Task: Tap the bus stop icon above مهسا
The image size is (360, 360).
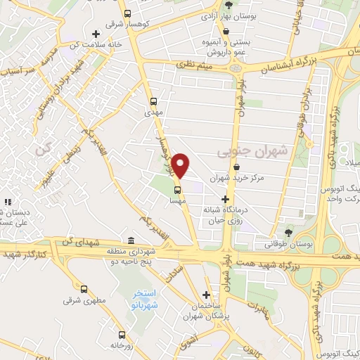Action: click(x=177, y=188)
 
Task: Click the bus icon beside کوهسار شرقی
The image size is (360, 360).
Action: click(x=127, y=13)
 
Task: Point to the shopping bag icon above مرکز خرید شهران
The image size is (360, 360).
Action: click(x=236, y=167)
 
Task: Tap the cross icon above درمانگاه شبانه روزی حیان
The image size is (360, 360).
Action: click(x=226, y=199)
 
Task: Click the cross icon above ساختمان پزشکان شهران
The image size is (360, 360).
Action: click(x=206, y=295)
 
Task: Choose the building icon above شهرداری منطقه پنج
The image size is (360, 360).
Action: click(x=131, y=240)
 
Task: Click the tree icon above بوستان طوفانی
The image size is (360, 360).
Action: click(x=288, y=233)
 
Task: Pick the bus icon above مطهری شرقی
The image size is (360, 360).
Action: click(x=84, y=289)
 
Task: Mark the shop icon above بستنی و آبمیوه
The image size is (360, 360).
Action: click(x=226, y=30)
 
